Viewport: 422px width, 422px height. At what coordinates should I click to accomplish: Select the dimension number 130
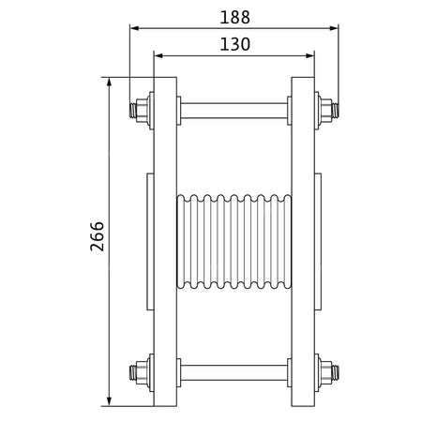[x=234, y=43]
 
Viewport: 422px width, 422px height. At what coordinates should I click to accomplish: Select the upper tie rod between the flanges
[x=233, y=108]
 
